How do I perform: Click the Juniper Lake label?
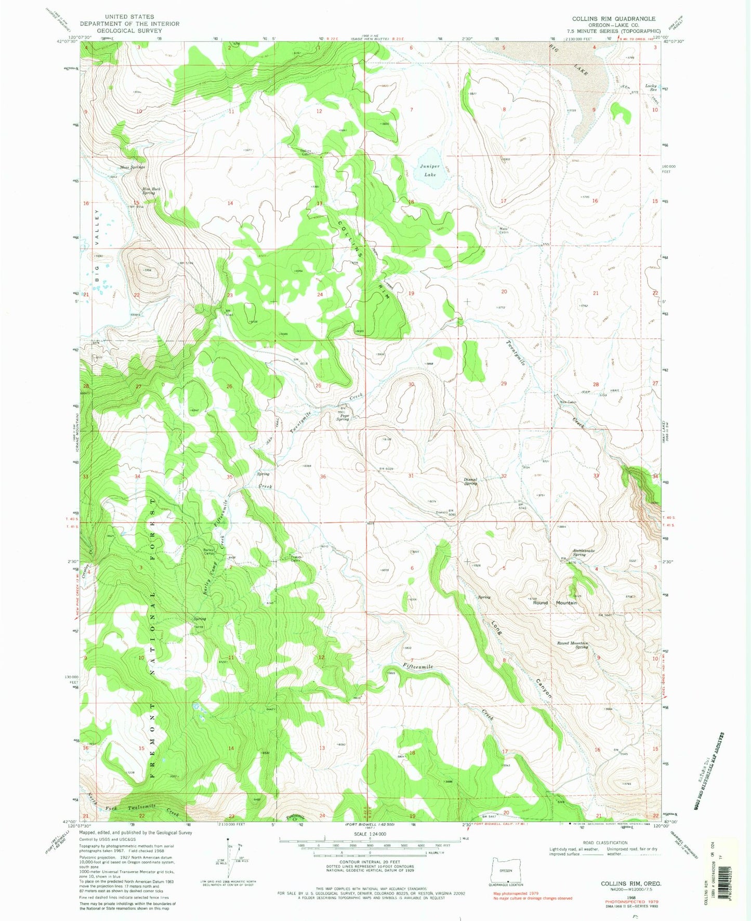[x=430, y=170]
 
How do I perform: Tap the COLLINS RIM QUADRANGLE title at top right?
[x=613, y=19]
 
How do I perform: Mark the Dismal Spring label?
[x=470, y=481]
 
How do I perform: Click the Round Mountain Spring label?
[x=572, y=645]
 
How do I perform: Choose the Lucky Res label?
[x=651, y=87]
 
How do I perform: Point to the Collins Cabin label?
[x=306, y=153]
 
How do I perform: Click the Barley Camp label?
[x=209, y=552]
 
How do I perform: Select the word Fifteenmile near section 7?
[x=417, y=666]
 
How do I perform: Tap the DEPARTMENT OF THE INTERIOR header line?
[x=129, y=24]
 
